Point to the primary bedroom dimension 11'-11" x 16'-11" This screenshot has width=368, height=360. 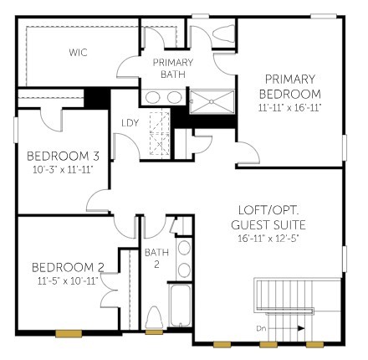(x=289, y=108)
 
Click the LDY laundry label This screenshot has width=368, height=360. (x=130, y=124)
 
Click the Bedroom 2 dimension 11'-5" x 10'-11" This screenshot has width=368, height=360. (x=68, y=281)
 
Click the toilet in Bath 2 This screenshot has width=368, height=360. (x=154, y=320)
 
